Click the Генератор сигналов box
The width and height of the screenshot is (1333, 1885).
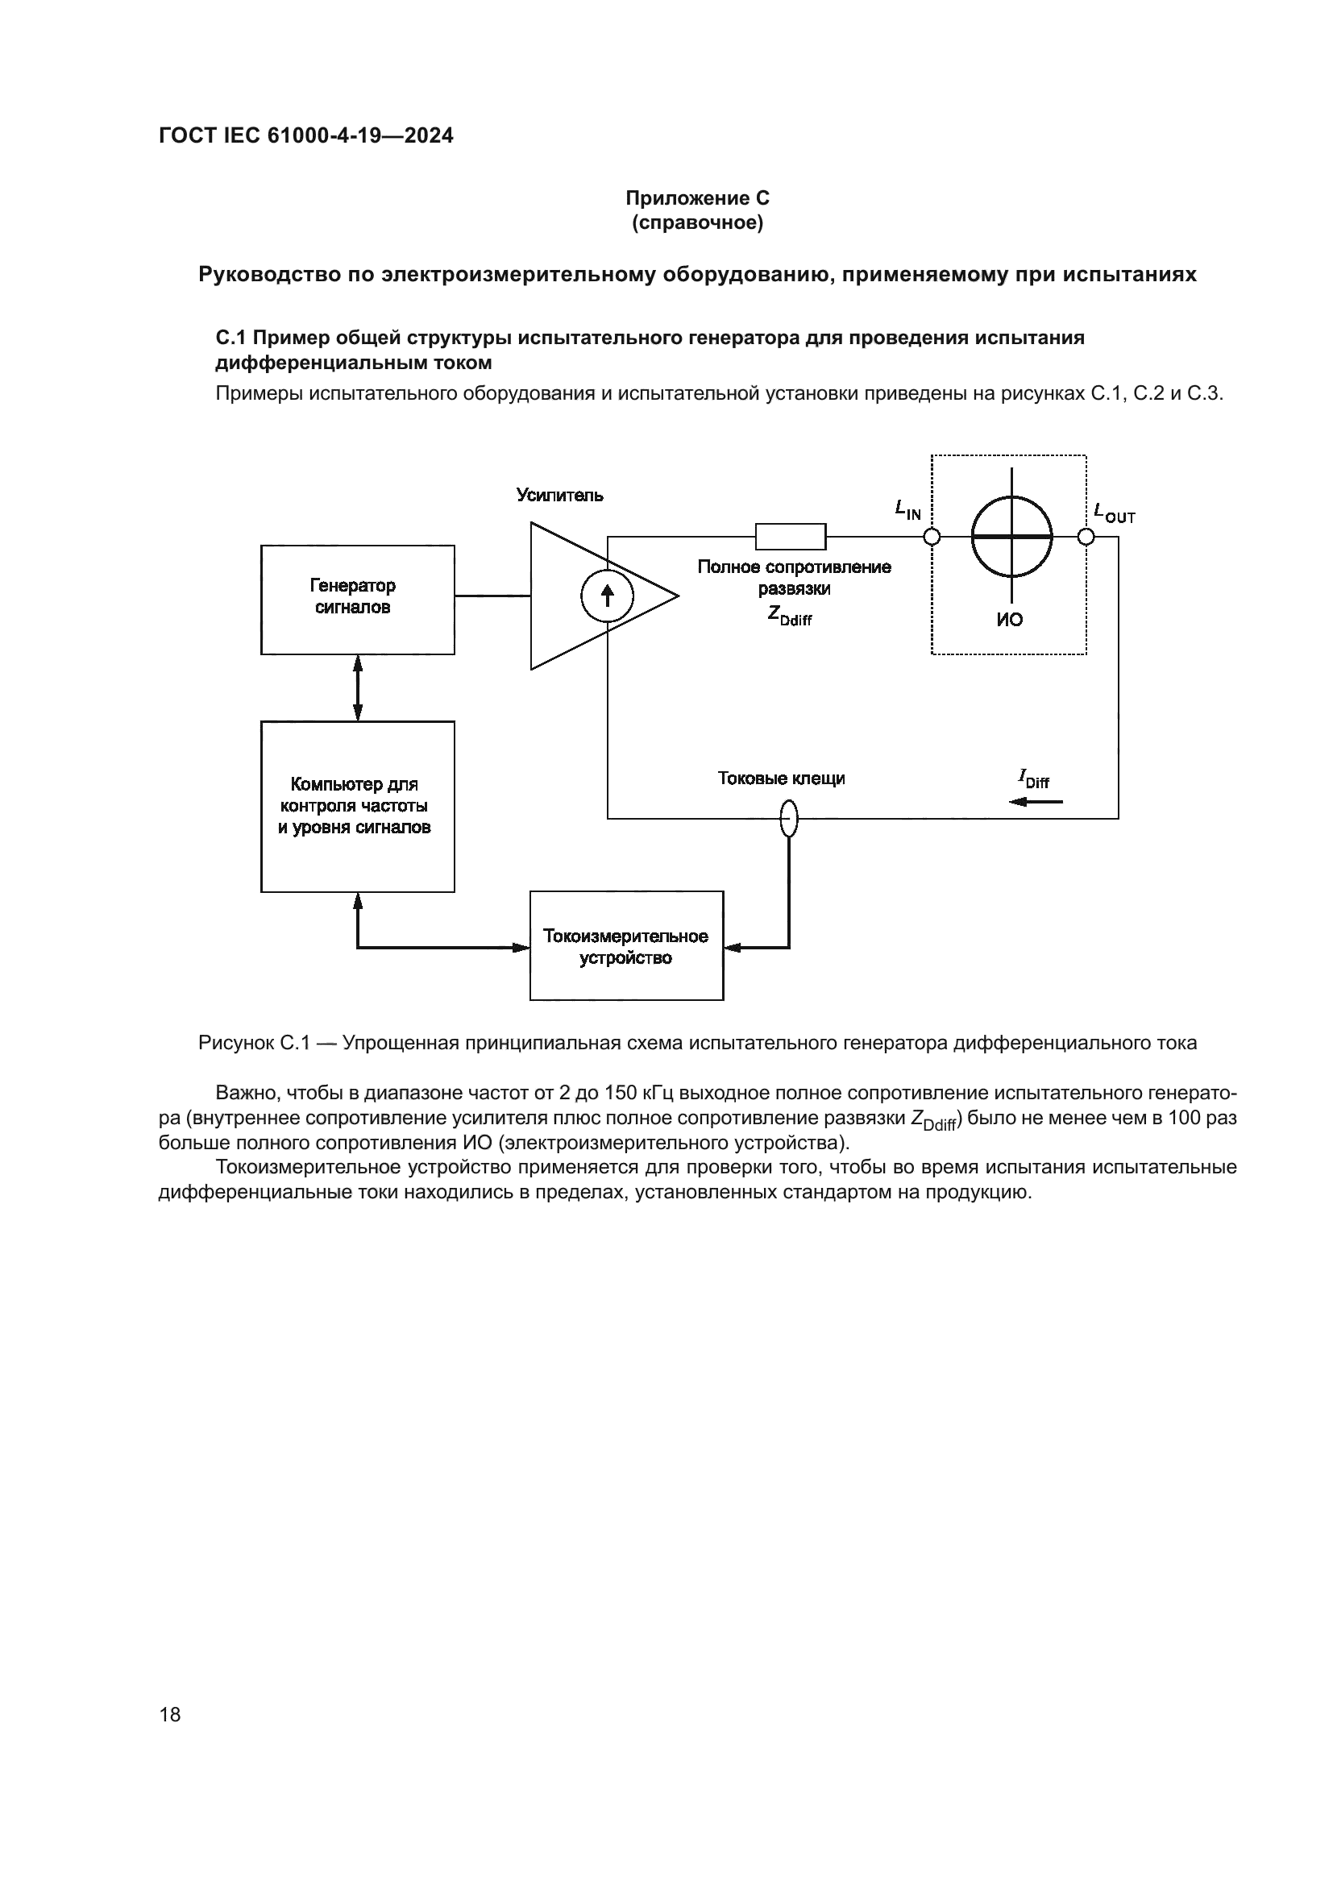coord(357,600)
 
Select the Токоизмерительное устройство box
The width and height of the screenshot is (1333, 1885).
coord(626,946)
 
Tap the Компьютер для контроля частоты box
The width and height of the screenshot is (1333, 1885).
coord(357,806)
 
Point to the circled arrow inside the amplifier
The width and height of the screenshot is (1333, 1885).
coord(608,596)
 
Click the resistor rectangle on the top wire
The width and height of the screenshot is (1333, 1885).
coord(791,536)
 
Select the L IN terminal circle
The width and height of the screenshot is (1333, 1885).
coord(932,537)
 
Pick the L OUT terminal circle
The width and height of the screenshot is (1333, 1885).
coord(1086,537)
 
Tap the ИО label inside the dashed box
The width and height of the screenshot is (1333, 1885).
coord(1010,620)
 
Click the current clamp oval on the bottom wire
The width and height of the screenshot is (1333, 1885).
coord(788,819)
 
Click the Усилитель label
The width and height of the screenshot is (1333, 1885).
coord(559,495)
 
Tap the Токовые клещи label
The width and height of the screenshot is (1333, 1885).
coord(781,778)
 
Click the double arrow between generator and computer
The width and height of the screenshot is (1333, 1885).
coord(357,688)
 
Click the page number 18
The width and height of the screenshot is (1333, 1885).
coord(170,1714)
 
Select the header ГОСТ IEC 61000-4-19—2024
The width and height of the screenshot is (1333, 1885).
coord(305,135)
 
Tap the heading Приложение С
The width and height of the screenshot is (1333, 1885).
coord(697,198)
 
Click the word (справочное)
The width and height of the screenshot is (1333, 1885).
coord(697,222)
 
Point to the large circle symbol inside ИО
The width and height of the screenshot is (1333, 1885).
coord(1011,537)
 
